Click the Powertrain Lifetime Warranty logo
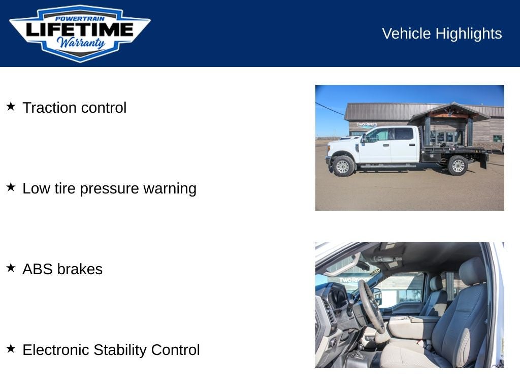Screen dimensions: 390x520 click(x=80, y=33)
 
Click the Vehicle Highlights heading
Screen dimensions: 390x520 click(x=441, y=34)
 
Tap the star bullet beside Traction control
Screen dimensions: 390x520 click(x=11, y=106)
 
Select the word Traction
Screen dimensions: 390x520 click(x=50, y=108)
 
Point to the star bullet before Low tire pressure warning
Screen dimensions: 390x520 click(x=11, y=187)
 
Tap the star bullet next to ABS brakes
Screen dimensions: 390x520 click(x=11, y=268)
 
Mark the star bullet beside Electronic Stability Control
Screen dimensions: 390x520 click(x=11, y=348)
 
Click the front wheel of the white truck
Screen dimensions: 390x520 click(x=343, y=166)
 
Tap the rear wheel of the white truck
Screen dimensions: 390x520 click(x=458, y=165)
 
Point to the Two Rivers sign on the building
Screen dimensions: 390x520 click(x=367, y=124)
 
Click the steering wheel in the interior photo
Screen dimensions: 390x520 click(x=370, y=307)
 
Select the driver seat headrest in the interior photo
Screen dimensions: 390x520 click(x=473, y=271)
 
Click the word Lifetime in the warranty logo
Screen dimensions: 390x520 click(x=79, y=30)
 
